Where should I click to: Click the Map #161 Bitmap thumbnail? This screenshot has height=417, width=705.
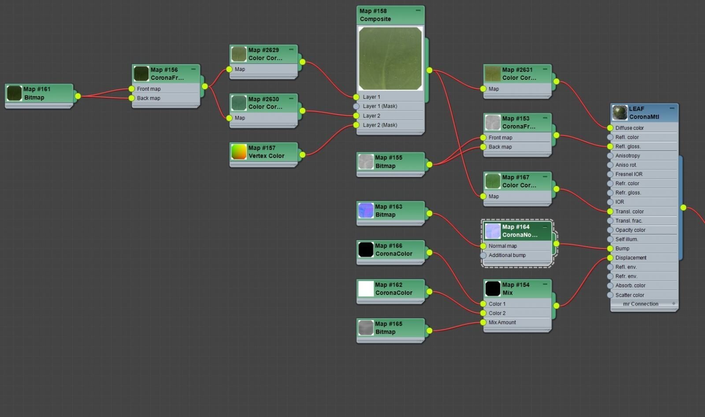14,93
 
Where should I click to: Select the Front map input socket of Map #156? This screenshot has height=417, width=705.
132,89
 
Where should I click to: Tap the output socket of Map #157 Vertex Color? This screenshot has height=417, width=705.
302,155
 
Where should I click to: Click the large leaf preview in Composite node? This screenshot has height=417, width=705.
390,58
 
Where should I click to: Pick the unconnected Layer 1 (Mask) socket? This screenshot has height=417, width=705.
356,107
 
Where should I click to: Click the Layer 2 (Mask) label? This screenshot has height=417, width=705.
380,125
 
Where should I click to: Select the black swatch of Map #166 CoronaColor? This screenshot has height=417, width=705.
366,249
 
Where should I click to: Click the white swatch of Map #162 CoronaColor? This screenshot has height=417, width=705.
366,288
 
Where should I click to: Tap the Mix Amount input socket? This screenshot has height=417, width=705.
483,322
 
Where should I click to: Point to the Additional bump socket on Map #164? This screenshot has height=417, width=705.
483,255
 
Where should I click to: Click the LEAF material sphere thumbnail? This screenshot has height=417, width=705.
620,113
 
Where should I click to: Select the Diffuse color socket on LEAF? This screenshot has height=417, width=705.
610,128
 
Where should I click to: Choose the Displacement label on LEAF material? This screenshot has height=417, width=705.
631,257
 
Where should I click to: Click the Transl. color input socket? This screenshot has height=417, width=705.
610,211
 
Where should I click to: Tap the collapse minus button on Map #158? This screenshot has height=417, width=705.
418,11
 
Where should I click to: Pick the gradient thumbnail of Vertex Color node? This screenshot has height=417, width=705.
239,152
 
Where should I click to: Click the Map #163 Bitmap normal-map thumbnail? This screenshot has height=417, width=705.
366,210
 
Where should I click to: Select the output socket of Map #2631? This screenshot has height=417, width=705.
557,82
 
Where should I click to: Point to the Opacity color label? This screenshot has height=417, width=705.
631,230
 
